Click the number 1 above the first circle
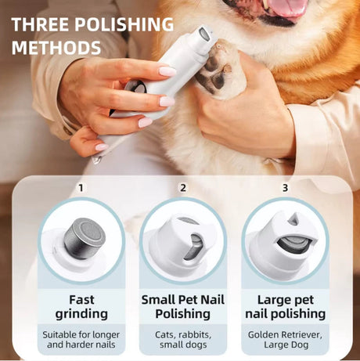click(x=80, y=188)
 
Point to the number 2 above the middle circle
click(x=182, y=188)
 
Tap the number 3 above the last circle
click(x=285, y=188)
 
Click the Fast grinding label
click(x=81, y=306)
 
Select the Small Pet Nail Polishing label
click(x=183, y=306)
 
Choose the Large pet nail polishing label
click(x=285, y=306)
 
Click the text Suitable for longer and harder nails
click(x=81, y=338)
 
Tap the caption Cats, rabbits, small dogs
click(x=183, y=338)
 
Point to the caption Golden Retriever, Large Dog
click(x=285, y=338)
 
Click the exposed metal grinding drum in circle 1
click(x=81, y=233)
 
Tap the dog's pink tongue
click(x=285, y=8)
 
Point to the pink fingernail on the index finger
click(x=167, y=71)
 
